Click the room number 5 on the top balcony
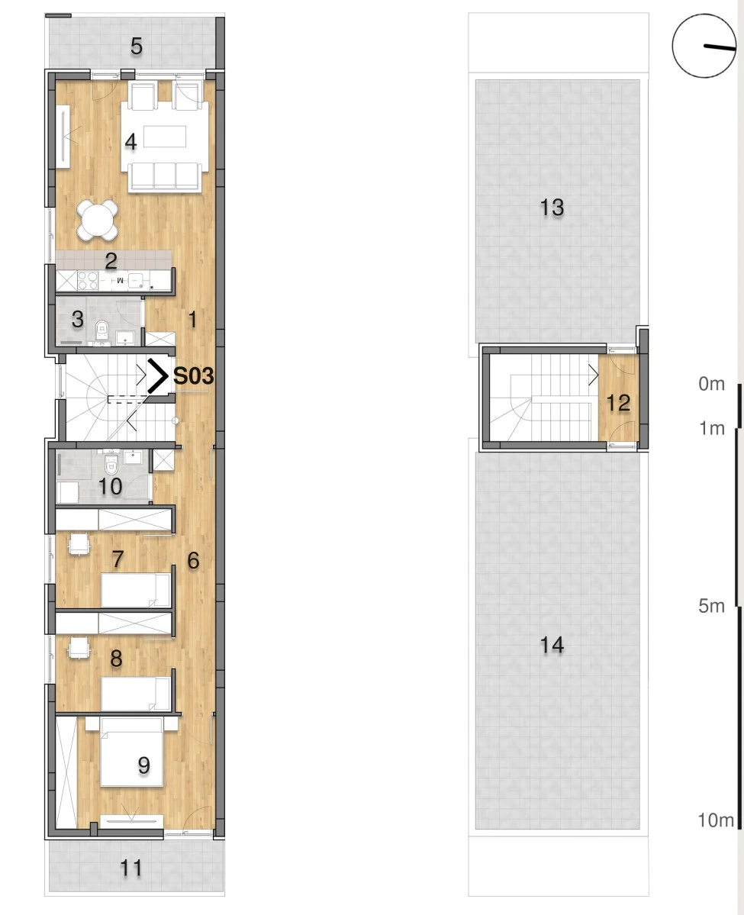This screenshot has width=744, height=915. coord(136,46)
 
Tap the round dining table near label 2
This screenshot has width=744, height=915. coord(98,221)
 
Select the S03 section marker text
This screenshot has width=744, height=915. coord(194,376)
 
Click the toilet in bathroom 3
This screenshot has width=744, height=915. coord(102,330)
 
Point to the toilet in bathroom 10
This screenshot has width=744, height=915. coord(111,465)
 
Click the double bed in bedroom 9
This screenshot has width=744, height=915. coord(131,752)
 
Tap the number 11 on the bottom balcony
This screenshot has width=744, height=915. coord(131,868)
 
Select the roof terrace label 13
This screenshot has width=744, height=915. coord(552,208)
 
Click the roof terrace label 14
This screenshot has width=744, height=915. coord(552,646)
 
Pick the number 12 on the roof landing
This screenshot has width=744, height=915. coord(619,403)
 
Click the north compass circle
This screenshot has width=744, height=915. coord(704,46)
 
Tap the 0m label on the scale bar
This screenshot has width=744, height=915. coord(711,384)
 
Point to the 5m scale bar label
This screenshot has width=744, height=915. coord(711,606)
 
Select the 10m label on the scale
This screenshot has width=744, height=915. coord(716,820)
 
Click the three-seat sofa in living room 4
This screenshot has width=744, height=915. coord(165,176)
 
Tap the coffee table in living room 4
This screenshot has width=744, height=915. coord(165,137)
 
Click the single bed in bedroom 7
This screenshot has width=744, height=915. coord(136,591)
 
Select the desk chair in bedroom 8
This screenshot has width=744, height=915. coord(78,648)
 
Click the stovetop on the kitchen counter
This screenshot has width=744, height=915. coord(88,282)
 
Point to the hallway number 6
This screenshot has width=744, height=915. coord(193,561)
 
